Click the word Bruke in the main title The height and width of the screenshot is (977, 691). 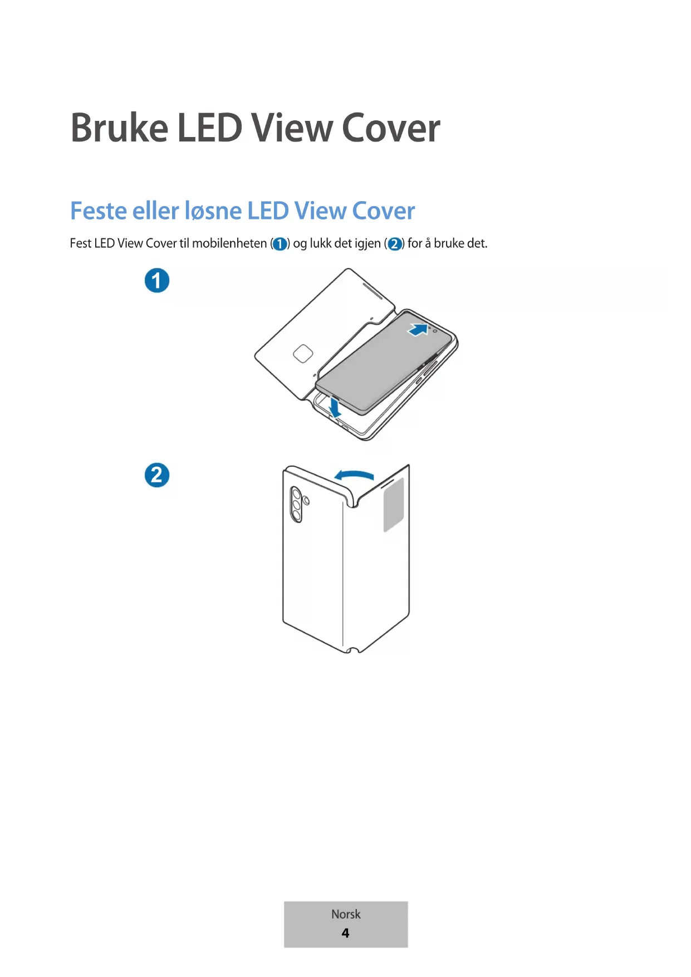click(x=119, y=128)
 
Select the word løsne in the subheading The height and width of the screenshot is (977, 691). click(x=213, y=211)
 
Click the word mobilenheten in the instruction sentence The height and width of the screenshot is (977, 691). click(x=229, y=243)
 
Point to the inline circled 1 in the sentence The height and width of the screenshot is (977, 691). click(x=280, y=244)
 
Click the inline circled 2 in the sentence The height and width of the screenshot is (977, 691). click(x=394, y=244)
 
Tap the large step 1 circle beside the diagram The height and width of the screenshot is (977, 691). click(x=157, y=281)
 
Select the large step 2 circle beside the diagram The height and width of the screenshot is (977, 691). click(x=157, y=475)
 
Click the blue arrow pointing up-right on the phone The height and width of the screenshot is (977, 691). click(x=418, y=329)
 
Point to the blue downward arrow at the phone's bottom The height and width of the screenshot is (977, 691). click(x=335, y=407)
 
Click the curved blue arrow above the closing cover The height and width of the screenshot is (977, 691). click(x=354, y=475)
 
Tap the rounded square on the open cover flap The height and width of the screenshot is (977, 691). click(x=303, y=354)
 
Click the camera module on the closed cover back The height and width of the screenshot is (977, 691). click(x=297, y=505)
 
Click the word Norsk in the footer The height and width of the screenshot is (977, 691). click(x=346, y=914)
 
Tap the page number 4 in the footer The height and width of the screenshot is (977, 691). click(x=345, y=933)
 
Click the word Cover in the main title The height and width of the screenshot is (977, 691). click(x=391, y=128)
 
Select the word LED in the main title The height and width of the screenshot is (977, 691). click(x=209, y=128)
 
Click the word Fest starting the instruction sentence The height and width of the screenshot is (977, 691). click(x=80, y=243)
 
